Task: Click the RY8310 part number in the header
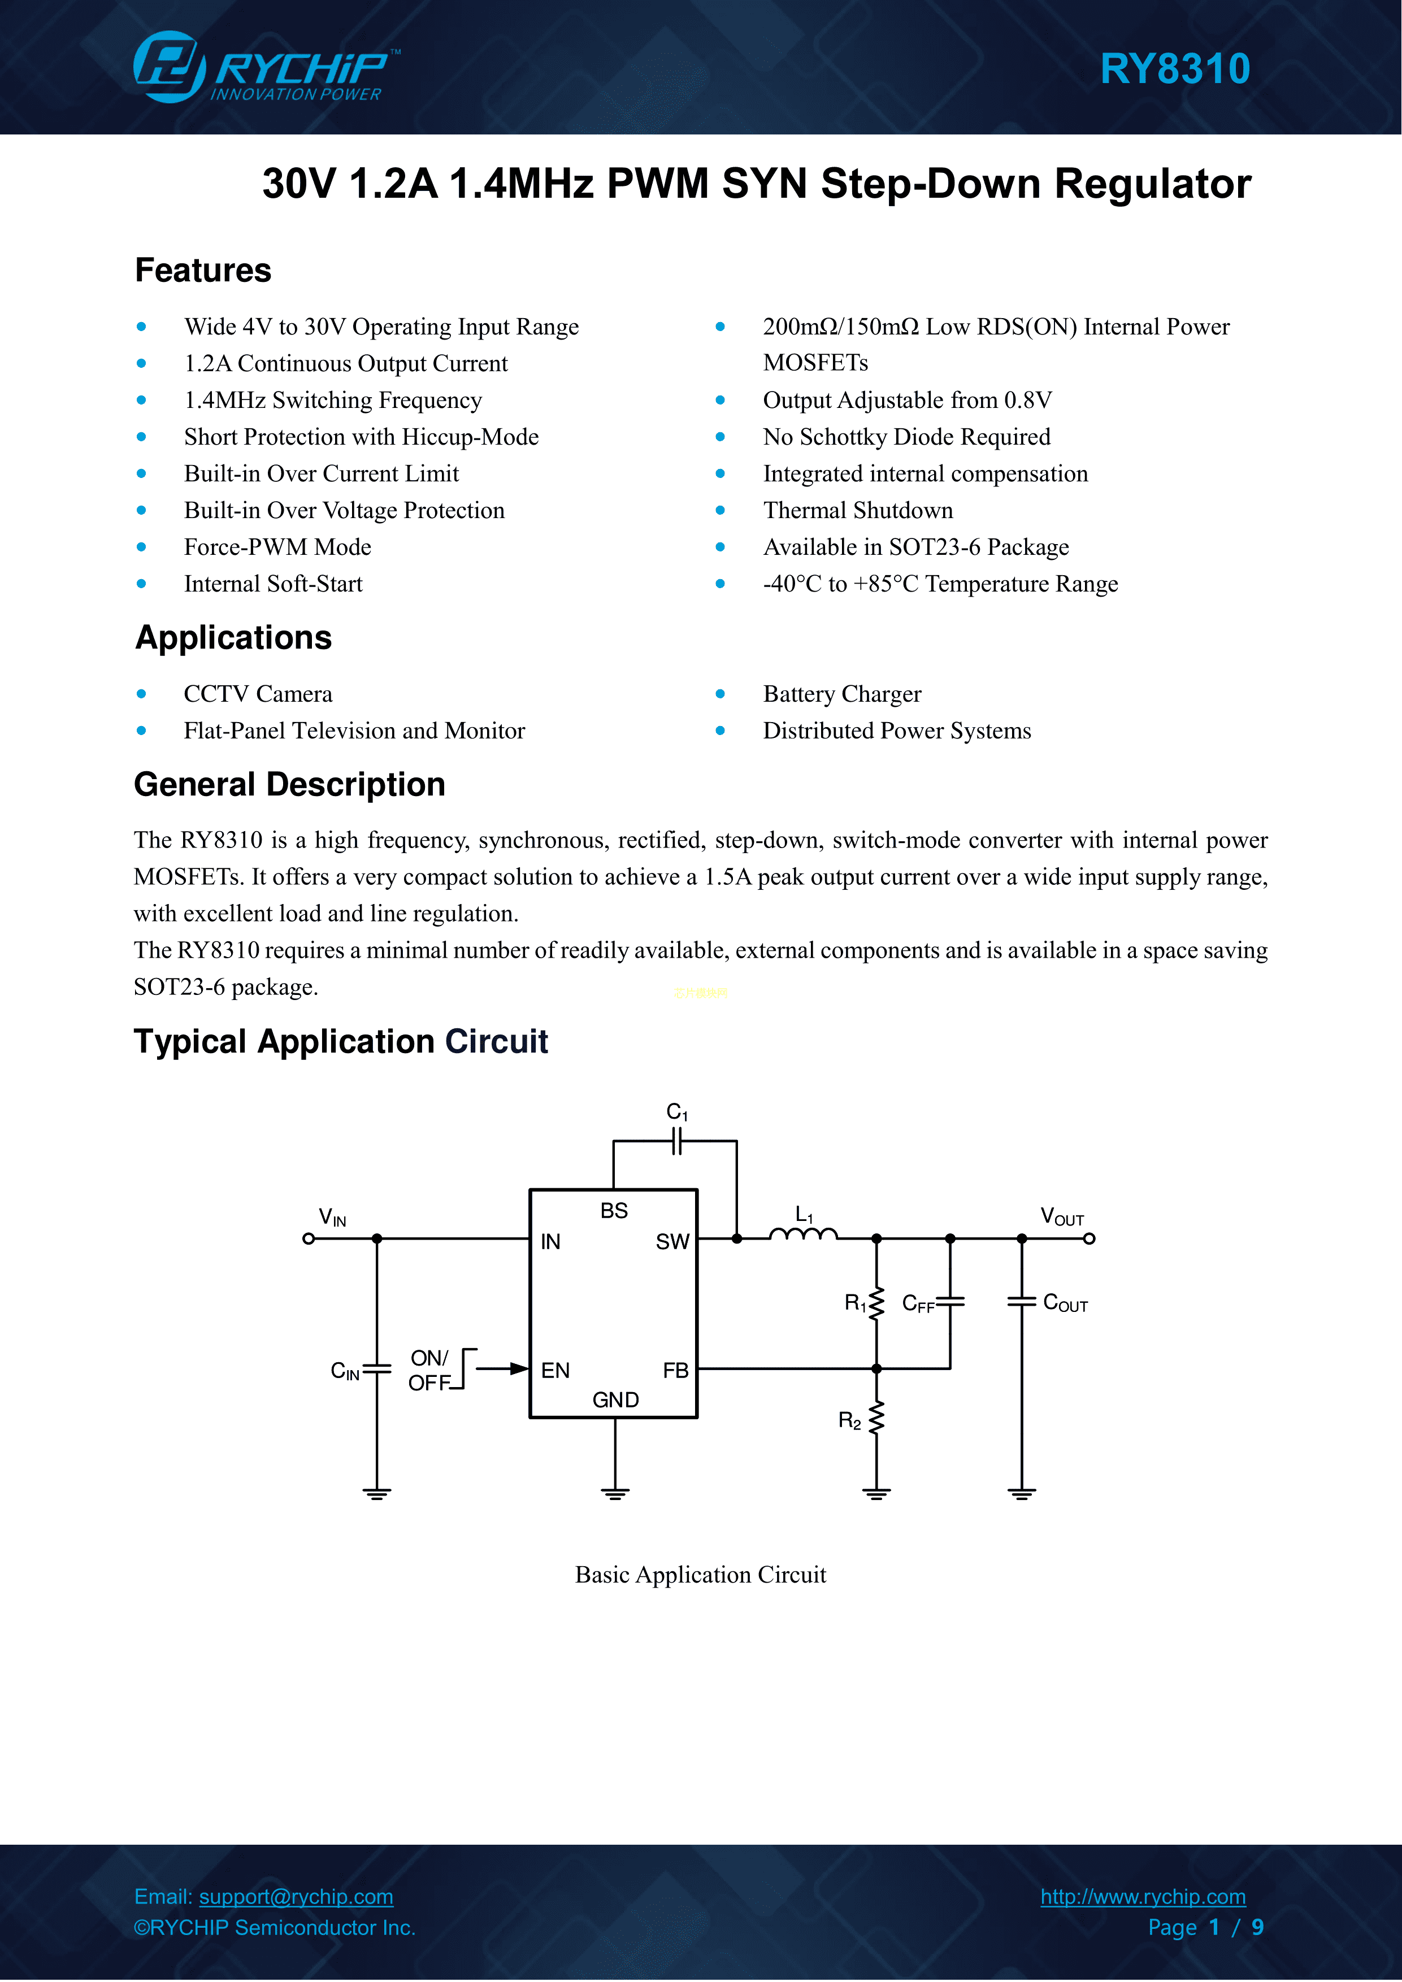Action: point(1174,69)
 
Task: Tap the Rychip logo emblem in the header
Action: point(168,67)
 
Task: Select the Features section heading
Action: point(203,270)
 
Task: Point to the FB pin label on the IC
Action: point(675,1370)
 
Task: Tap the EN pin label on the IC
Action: point(555,1370)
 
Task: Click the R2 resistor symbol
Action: point(876,1418)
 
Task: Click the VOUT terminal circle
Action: point(1090,1238)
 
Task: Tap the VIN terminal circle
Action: point(308,1238)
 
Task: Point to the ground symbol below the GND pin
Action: point(615,1493)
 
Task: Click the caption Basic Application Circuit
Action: point(700,1575)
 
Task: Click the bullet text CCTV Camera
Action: point(257,694)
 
